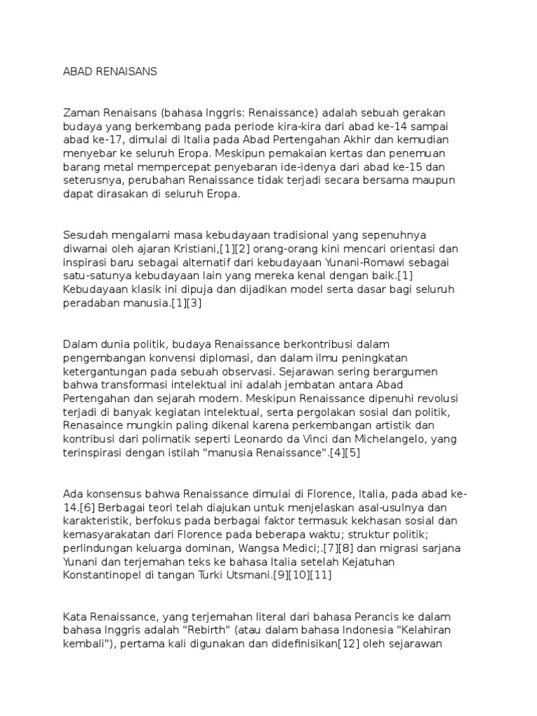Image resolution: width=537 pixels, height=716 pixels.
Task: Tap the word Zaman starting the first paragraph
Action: (80, 113)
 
